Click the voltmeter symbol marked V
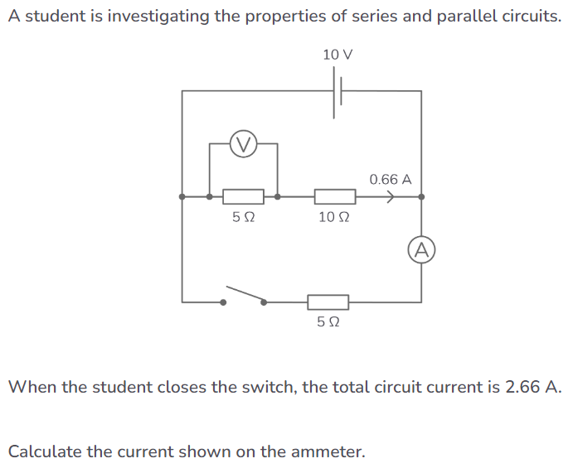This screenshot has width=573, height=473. pyautogui.click(x=242, y=144)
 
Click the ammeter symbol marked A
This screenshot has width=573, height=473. pyautogui.click(x=421, y=249)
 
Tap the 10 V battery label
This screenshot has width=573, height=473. pyautogui.click(x=337, y=55)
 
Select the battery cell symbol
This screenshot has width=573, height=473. pyautogui.click(x=338, y=91)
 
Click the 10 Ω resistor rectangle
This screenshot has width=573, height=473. pyautogui.click(x=335, y=197)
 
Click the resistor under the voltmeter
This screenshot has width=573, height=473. pyautogui.click(x=244, y=197)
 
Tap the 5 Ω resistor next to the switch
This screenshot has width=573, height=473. pyautogui.click(x=328, y=302)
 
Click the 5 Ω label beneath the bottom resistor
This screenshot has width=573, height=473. pyautogui.click(x=328, y=322)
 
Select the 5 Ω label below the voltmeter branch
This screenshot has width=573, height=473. pyautogui.click(x=243, y=218)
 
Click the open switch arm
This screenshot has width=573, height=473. pyautogui.click(x=244, y=295)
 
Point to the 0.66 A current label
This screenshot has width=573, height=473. pyautogui.click(x=391, y=179)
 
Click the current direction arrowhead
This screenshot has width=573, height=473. pyautogui.click(x=390, y=197)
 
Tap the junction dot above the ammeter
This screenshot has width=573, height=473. pyautogui.click(x=421, y=197)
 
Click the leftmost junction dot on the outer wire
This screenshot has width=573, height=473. pyautogui.click(x=182, y=197)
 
